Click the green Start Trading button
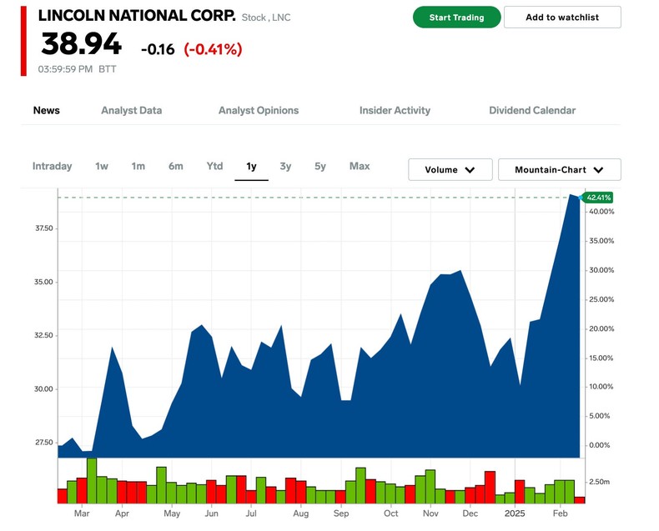(x=456, y=18)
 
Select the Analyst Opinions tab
(x=258, y=110)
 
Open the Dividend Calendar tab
(x=531, y=110)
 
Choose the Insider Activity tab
(x=395, y=110)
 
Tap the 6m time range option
(x=175, y=166)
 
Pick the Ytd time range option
(x=214, y=166)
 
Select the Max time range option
(x=360, y=166)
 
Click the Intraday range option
(x=52, y=166)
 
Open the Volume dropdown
(x=450, y=169)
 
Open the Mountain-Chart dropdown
(x=559, y=169)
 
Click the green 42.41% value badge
(x=599, y=198)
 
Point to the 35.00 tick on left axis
(x=42, y=282)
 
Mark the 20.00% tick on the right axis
(x=601, y=328)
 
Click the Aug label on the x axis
(x=301, y=513)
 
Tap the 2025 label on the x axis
(x=515, y=513)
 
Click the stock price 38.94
(x=81, y=44)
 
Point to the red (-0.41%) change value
(x=213, y=49)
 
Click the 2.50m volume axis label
(x=600, y=482)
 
